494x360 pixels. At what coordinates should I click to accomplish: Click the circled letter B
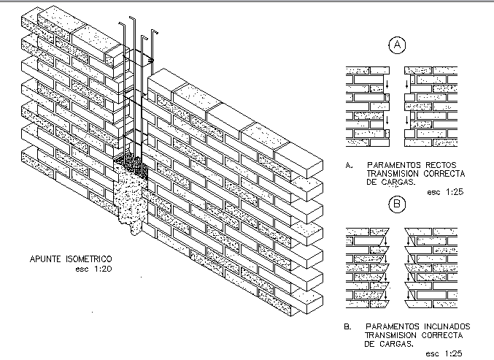click(x=397, y=205)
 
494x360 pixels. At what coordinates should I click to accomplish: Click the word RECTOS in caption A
click(x=441, y=164)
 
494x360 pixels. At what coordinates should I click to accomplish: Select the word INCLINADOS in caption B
click(x=446, y=326)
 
